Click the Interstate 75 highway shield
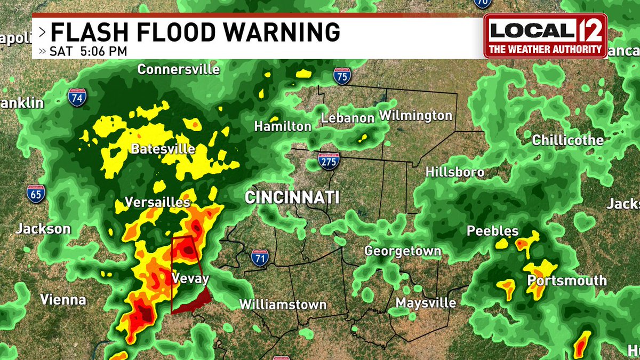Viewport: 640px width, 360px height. click(342, 75)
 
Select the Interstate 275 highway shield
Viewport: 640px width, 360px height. click(327, 161)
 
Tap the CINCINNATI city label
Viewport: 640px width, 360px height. click(292, 197)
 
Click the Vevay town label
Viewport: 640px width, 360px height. click(190, 278)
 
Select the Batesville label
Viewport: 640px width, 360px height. click(163, 149)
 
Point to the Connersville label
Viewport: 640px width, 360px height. click(178, 69)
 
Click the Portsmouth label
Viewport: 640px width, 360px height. click(567, 281)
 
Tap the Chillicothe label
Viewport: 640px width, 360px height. click(567, 141)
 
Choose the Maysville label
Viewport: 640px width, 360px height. click(426, 303)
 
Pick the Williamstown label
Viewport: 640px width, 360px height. click(283, 305)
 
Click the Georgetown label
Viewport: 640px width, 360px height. click(403, 251)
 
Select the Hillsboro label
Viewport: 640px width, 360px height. click(455, 172)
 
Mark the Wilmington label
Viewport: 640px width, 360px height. click(415, 115)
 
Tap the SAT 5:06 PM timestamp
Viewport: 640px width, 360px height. click(89, 52)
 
